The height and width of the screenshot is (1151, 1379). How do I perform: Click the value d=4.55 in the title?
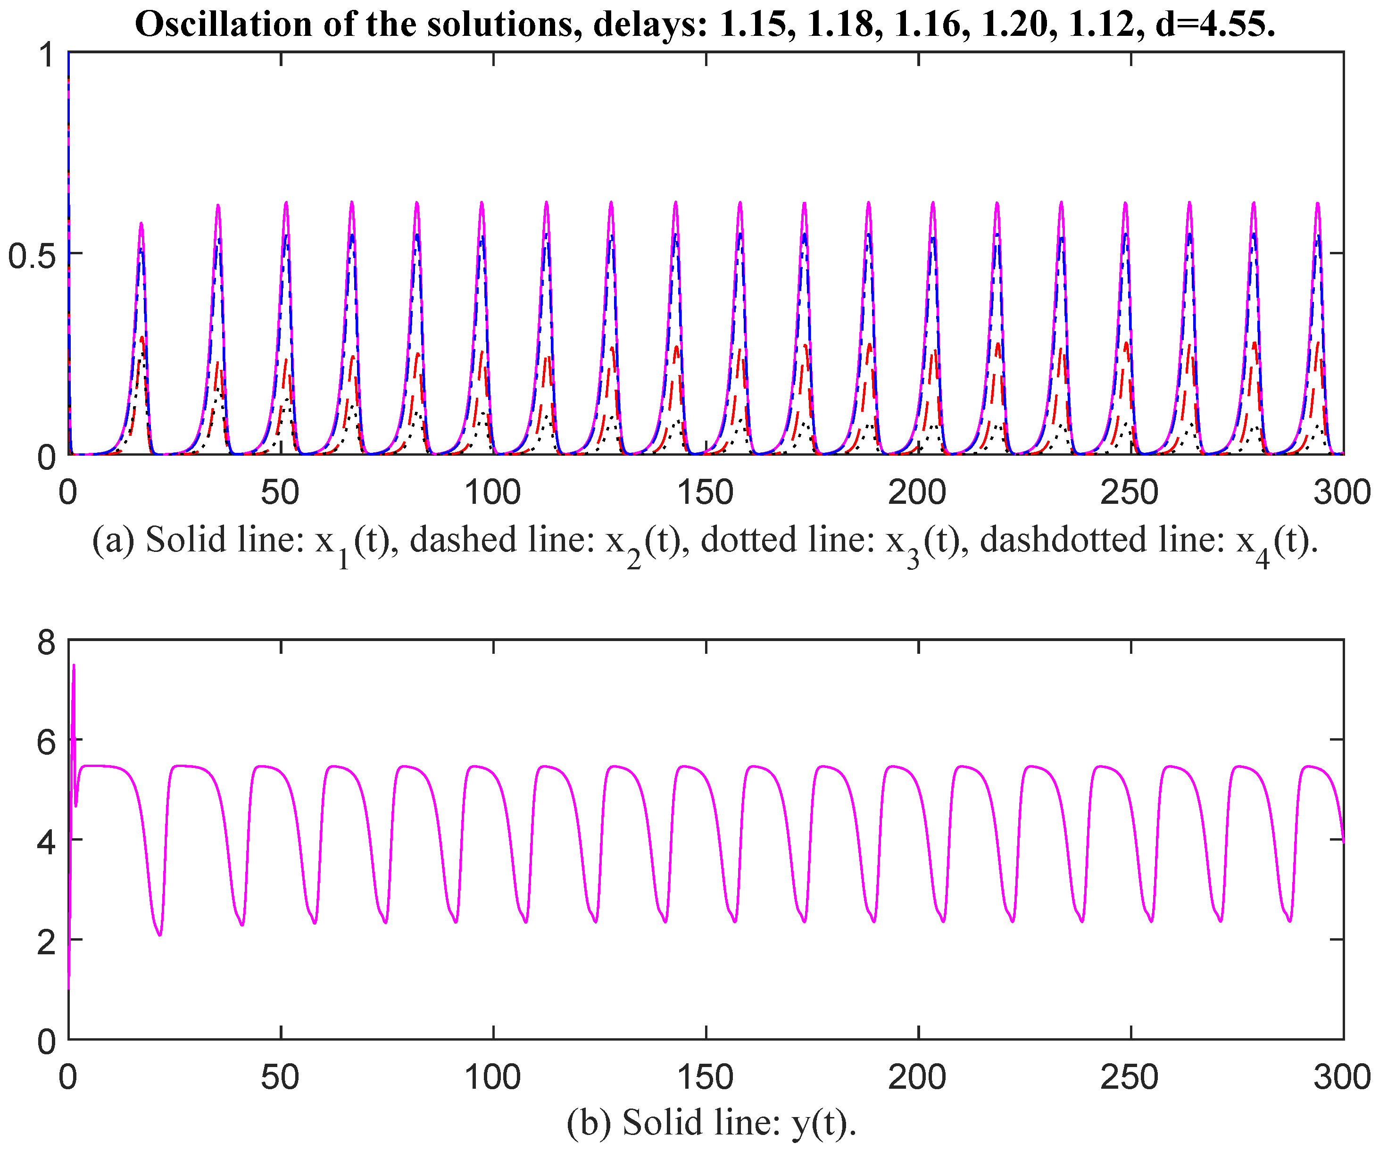(x=1214, y=25)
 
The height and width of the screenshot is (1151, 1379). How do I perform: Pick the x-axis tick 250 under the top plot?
(x=1130, y=493)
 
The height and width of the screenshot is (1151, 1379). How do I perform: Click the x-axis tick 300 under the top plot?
(x=1342, y=493)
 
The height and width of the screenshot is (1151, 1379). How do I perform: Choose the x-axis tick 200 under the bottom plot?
(x=917, y=1077)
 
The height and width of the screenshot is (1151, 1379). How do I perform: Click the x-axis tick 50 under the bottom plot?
(x=281, y=1077)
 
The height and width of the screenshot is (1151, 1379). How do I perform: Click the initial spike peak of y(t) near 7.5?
(x=74, y=666)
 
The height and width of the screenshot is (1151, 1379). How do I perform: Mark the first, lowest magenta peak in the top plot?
(x=141, y=224)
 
